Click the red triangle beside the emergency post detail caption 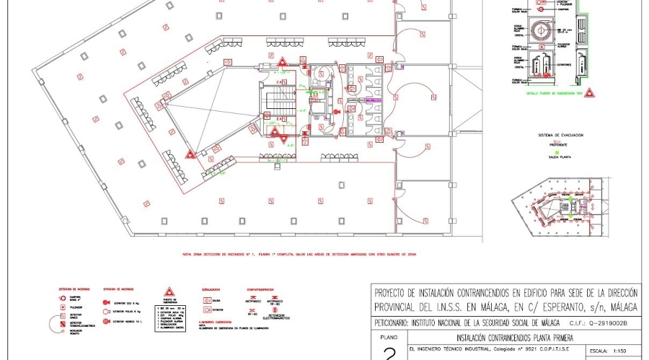pos(589,94)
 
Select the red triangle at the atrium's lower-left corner pos(190,154)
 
